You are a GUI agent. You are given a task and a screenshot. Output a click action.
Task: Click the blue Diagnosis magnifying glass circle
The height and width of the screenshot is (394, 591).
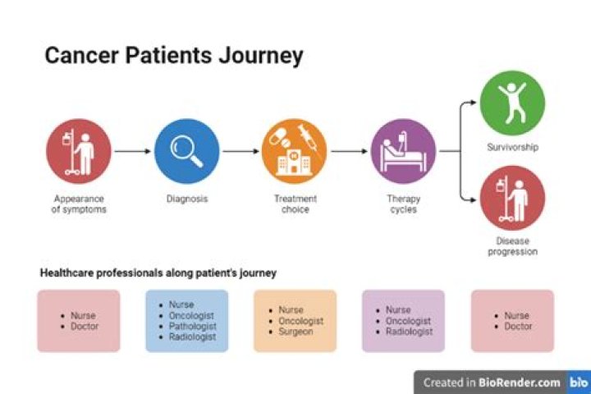186,151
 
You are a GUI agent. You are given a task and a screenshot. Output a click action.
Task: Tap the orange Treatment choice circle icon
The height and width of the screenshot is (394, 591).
295,151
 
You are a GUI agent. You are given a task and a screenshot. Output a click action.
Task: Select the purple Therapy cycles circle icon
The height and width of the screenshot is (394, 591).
403,151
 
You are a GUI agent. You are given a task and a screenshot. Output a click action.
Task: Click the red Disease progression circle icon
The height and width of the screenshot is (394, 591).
512,198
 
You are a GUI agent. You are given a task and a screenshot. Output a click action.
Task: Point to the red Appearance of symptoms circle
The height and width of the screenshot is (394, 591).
79,151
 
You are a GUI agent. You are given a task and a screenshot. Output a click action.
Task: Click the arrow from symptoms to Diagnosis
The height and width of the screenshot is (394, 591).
132,152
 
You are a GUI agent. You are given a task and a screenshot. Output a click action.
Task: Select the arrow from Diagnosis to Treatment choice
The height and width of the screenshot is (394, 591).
241,152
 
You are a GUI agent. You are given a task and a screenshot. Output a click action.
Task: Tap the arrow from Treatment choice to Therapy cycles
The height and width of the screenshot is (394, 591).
349,152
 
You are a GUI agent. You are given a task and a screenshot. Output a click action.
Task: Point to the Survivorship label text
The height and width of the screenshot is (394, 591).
512,148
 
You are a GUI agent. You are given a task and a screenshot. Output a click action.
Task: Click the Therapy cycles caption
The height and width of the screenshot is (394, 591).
403,204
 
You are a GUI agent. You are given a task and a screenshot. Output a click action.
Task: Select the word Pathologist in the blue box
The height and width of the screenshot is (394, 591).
189,326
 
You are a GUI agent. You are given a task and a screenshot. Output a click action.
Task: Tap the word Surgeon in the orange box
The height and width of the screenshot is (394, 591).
296,332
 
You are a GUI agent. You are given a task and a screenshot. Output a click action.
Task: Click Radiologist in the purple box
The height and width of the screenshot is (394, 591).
408,332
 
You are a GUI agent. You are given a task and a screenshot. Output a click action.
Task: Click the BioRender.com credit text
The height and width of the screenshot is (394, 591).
521,383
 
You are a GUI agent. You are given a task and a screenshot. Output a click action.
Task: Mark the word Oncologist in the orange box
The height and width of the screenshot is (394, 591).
300,321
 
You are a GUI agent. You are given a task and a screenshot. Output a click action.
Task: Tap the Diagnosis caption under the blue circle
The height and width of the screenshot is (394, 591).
186,199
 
